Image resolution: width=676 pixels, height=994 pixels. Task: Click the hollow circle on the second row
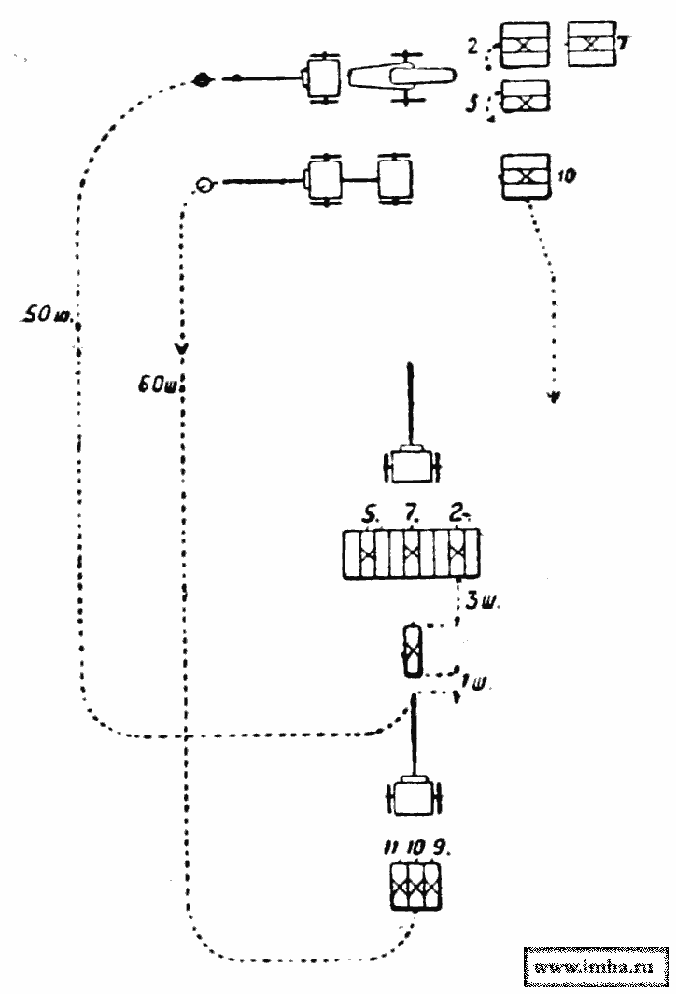click(204, 185)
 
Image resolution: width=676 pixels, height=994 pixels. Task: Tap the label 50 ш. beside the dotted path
click(41, 315)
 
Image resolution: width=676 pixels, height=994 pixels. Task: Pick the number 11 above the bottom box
click(391, 847)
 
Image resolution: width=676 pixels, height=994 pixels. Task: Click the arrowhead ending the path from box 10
click(555, 398)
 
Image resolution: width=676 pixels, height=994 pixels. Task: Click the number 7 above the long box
click(411, 513)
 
